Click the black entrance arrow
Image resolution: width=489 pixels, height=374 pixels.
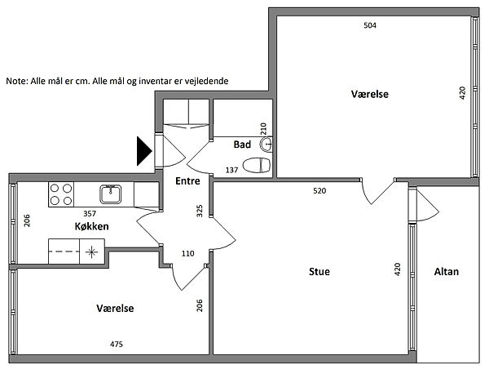144,151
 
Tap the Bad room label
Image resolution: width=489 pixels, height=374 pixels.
242,145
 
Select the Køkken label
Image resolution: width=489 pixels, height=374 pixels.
91,226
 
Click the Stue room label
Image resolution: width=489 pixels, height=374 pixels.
319,271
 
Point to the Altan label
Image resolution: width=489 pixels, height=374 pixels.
447,271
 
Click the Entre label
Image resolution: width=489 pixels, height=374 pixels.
187,181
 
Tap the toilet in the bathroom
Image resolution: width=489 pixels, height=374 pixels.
257,165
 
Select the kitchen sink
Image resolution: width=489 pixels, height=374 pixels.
110,194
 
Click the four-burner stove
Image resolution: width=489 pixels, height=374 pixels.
61,194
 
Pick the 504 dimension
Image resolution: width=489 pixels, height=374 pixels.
370,25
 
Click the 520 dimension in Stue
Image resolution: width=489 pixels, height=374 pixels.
319,190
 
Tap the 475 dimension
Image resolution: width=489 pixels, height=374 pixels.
117,345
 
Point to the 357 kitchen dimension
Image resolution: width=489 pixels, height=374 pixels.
90,214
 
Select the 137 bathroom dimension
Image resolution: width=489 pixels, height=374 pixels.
231,171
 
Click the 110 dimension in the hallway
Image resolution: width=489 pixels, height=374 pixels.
187,253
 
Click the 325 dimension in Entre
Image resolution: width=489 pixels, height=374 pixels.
200,211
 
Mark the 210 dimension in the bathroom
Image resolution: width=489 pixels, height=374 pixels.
263,129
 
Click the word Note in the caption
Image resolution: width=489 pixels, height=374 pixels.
17,81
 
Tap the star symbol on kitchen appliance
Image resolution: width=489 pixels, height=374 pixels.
91,252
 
